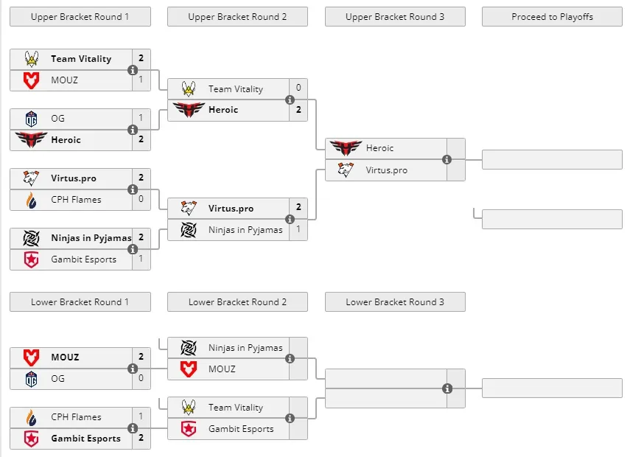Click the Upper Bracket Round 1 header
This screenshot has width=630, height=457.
point(80,17)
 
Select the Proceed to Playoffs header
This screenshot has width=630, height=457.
point(552,17)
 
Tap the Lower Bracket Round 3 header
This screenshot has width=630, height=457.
point(395,302)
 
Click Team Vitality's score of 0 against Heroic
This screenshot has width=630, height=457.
point(298,88)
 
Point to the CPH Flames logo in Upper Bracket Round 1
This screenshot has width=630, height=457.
point(32,200)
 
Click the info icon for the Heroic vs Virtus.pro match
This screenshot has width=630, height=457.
point(447,159)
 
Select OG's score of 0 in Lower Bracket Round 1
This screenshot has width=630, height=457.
point(141,378)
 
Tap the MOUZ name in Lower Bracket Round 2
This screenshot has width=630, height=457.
point(222,369)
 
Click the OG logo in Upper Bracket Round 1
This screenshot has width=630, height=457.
point(32,119)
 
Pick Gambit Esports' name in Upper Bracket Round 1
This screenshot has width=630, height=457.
point(83,259)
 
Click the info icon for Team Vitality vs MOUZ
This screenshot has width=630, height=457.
point(133,70)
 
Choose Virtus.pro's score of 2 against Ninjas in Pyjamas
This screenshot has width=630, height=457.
point(298,207)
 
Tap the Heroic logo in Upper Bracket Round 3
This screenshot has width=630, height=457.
point(346,147)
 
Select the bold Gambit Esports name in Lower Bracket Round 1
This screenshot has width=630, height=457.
point(85,438)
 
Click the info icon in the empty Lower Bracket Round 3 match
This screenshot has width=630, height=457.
point(447,388)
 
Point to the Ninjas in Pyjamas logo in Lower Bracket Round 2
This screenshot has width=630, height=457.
point(189,348)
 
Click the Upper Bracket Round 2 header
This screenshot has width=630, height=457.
point(237,17)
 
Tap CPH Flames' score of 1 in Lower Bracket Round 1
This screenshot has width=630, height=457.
point(141,416)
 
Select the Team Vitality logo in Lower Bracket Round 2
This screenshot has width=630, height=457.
point(189,407)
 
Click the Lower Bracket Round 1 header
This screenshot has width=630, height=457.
point(80,302)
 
